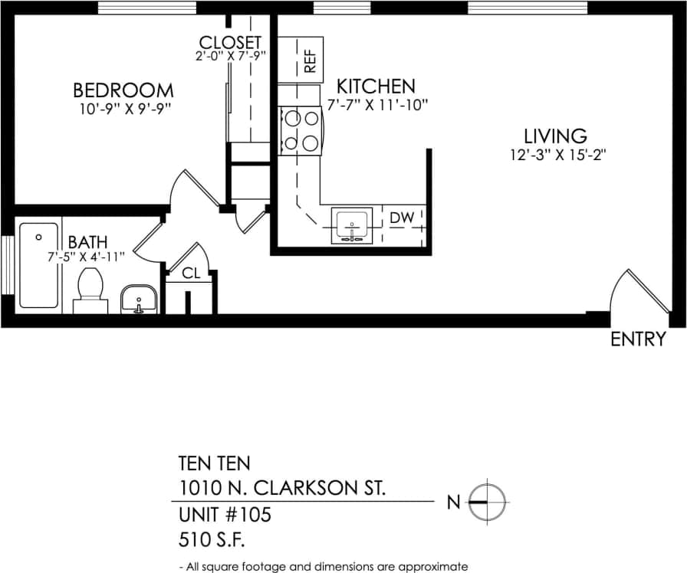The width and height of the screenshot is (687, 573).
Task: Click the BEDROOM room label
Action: tap(123, 90)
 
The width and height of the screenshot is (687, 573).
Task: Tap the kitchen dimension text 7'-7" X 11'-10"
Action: tap(376, 105)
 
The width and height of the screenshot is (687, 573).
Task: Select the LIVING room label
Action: tap(555, 136)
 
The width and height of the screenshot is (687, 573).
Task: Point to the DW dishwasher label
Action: tap(402, 218)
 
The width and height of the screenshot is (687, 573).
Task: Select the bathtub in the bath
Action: tap(38, 264)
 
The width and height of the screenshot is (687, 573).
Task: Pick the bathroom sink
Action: tap(139, 299)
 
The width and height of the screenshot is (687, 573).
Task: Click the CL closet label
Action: tap(191, 273)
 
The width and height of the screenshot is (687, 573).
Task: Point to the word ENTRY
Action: tap(638, 339)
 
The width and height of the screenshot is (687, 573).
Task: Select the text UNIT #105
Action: tap(225, 514)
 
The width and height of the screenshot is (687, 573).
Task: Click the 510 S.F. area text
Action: tap(211, 540)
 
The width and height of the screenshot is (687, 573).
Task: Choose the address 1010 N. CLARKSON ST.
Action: tap(282, 488)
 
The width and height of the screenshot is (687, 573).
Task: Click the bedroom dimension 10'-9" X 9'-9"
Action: tap(123, 109)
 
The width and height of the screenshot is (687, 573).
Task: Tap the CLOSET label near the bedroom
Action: tap(230, 42)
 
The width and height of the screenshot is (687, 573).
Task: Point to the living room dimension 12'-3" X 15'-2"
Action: tap(555, 155)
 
